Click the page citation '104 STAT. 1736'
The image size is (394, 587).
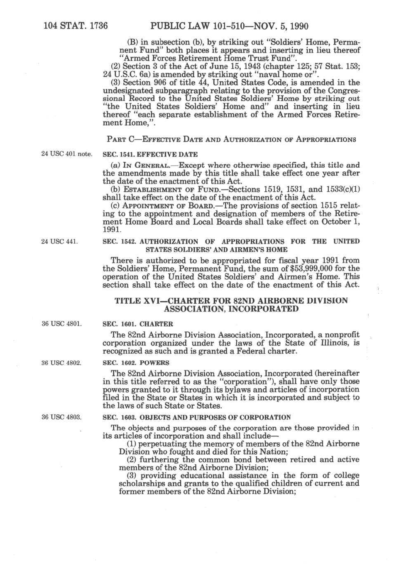click(x=76, y=27)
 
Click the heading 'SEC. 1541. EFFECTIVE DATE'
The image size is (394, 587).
click(x=150, y=155)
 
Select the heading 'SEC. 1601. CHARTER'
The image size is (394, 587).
click(x=138, y=324)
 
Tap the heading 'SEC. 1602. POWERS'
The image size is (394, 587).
click(x=136, y=363)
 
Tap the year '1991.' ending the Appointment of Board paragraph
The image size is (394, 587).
click(x=112, y=229)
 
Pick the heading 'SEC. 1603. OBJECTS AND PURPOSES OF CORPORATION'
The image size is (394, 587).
click(x=196, y=417)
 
